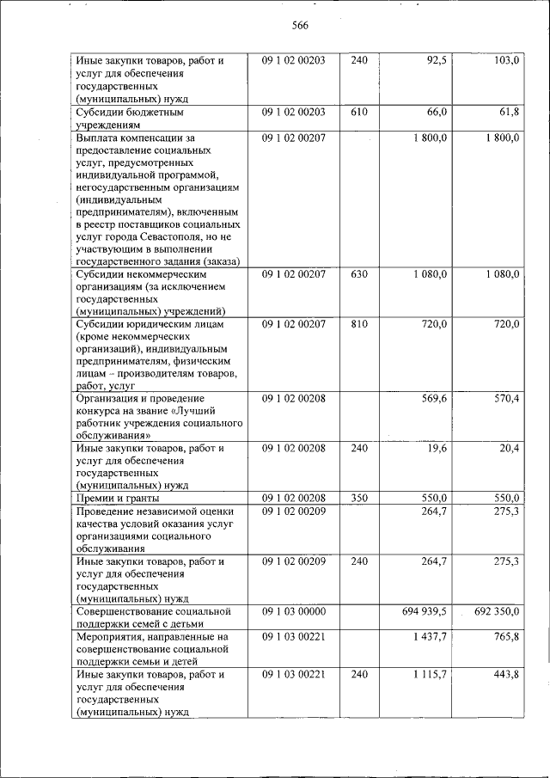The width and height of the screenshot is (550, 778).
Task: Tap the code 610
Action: click(359, 112)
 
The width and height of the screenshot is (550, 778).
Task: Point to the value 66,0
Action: click(436, 112)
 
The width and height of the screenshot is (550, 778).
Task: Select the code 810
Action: click(359, 324)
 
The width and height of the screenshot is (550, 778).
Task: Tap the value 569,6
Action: click(432, 398)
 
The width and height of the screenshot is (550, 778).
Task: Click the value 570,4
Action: click(505, 398)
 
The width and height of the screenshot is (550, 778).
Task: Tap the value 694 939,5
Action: click(425, 611)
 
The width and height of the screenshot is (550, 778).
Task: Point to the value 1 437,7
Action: click(430, 637)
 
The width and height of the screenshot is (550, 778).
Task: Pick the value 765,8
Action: click(505, 637)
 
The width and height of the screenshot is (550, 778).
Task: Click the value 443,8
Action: click(505, 675)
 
